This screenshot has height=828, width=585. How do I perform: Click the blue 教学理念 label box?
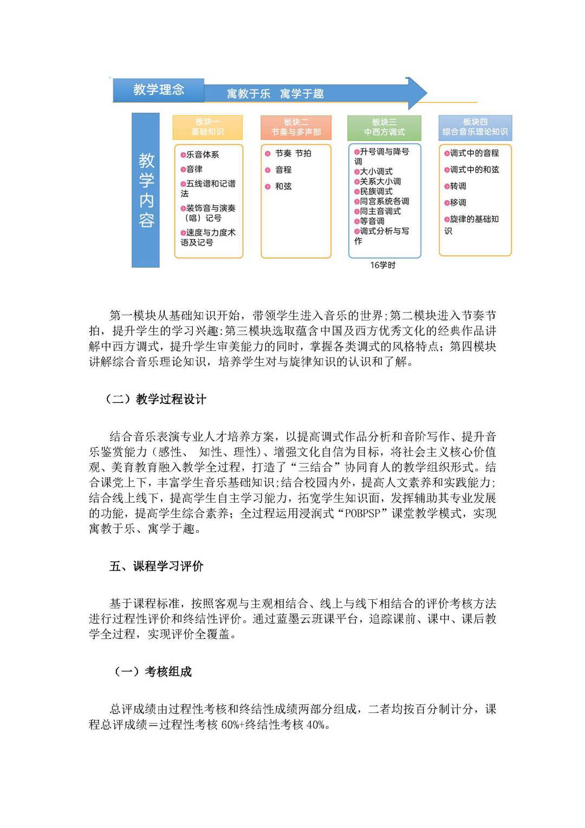158,90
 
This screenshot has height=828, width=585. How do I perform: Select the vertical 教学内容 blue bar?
146,190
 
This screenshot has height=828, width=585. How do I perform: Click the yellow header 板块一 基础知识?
207,127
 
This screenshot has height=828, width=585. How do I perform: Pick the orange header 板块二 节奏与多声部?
296,127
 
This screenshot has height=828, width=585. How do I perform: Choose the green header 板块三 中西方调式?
384,127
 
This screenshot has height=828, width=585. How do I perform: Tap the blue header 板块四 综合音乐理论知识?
474,127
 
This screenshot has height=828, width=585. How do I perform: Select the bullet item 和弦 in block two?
283,187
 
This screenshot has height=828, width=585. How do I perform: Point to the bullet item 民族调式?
376,191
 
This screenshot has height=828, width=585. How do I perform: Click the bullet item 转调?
458,186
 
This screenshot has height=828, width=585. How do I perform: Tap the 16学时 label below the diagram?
382,265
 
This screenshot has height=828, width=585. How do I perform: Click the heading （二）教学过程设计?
155,400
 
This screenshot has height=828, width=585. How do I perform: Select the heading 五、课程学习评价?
156,567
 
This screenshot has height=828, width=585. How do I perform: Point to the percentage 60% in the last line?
230,725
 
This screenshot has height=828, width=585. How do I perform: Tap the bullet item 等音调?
372,221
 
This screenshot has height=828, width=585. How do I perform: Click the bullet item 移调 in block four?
458,202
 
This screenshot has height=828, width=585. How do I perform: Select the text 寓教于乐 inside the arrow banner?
249,94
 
